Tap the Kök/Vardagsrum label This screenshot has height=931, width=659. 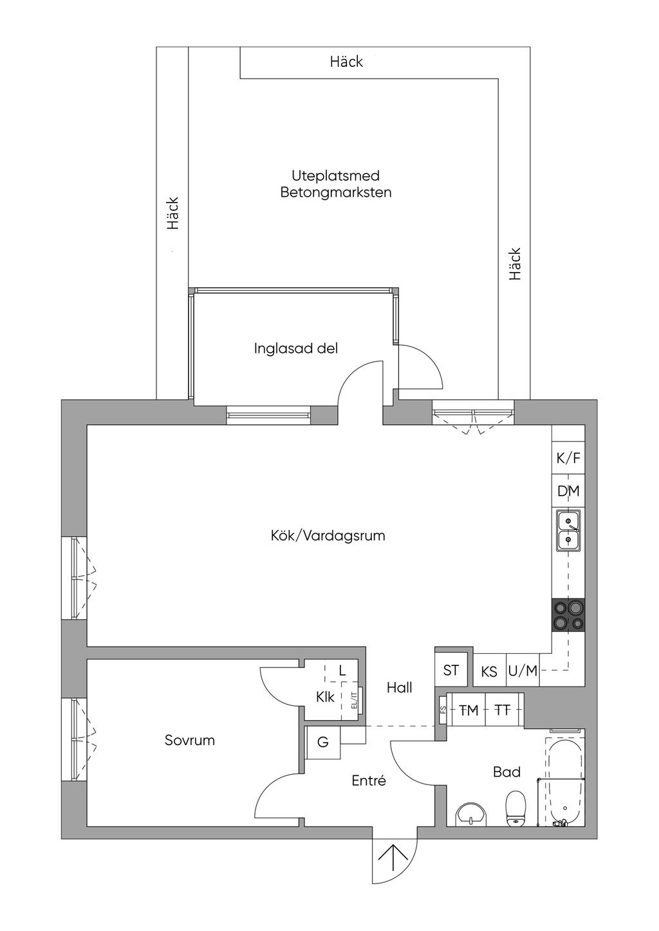tap(328, 536)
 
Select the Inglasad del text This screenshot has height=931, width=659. tap(296, 348)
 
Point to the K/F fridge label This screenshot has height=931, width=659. tap(568, 458)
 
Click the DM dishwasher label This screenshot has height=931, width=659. tap(568, 491)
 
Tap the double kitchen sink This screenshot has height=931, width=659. tap(568, 532)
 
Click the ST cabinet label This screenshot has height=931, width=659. tap(451, 670)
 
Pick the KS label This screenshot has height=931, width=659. tap(489, 672)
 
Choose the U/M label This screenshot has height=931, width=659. tap(523, 671)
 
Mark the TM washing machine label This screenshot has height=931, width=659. tap(469, 710)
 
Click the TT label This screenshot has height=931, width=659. tap(502, 710)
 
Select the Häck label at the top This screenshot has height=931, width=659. tap(346, 62)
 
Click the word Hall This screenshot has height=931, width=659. tap(400, 687)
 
